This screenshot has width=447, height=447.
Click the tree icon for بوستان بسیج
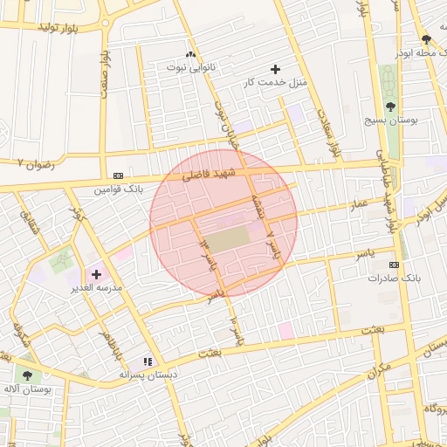(x=389, y=107)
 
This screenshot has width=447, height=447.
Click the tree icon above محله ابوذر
(x=426, y=39)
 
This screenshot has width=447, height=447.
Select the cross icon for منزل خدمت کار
(x=276, y=69)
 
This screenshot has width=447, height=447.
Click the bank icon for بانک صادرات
(x=395, y=265)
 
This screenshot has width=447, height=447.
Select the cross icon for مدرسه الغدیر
(x=96, y=274)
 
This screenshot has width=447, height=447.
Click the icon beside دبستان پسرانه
(x=148, y=361)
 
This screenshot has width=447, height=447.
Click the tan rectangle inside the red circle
(x=228, y=239)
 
